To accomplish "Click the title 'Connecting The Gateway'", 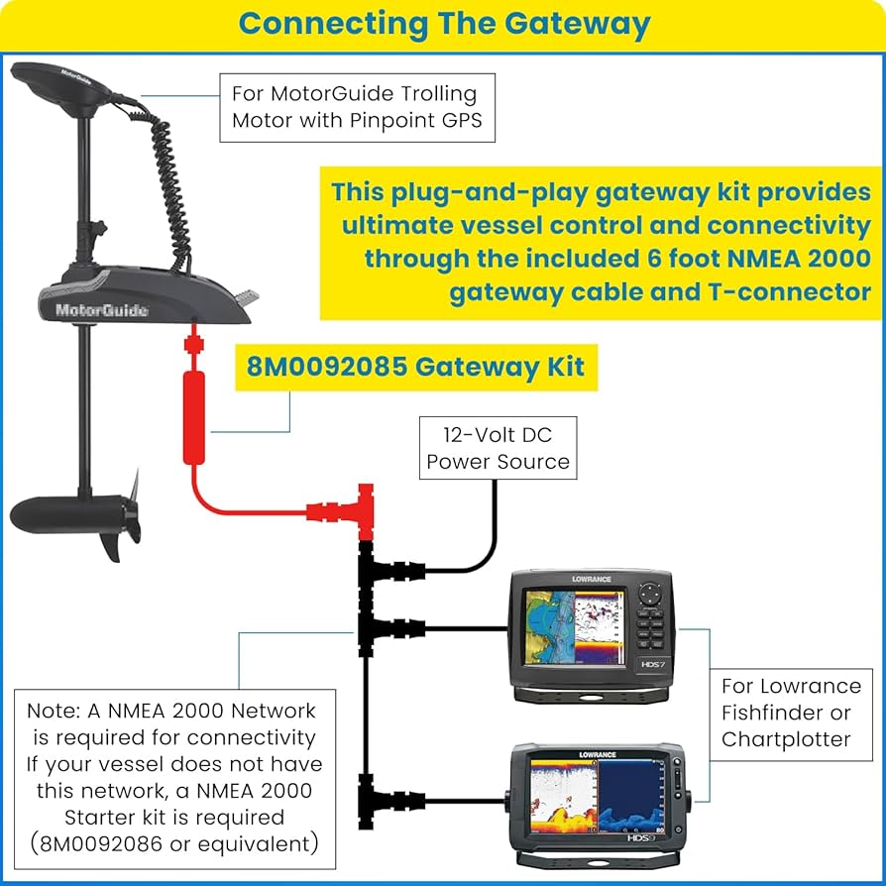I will (x=444, y=24).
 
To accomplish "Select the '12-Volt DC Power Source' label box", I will (x=497, y=447).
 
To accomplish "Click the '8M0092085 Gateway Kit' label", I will (x=415, y=367).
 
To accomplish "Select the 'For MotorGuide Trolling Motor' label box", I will (x=354, y=107).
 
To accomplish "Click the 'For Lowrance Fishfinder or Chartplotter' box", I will (x=791, y=713).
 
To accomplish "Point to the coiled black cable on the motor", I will (x=169, y=187).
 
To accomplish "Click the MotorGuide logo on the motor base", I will (x=102, y=310).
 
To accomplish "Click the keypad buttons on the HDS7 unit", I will (x=650, y=625).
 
